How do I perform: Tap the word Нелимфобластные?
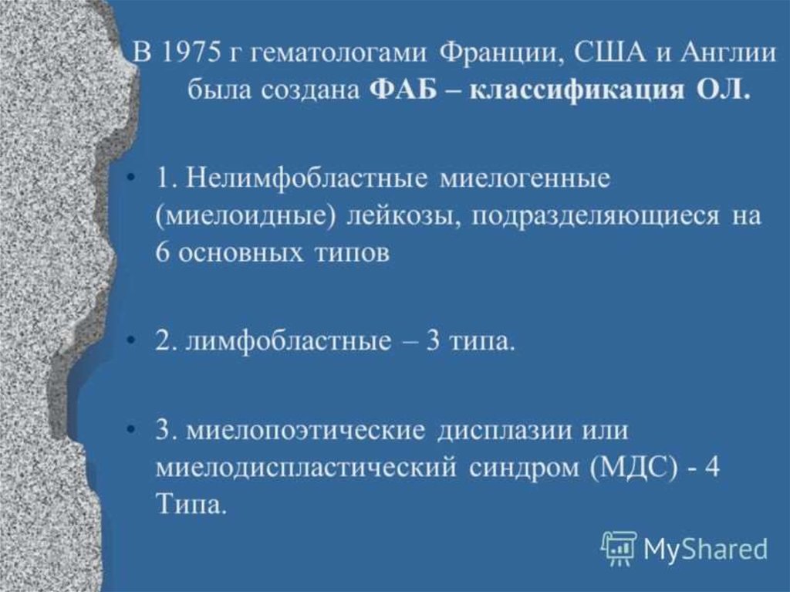click(x=305, y=179)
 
